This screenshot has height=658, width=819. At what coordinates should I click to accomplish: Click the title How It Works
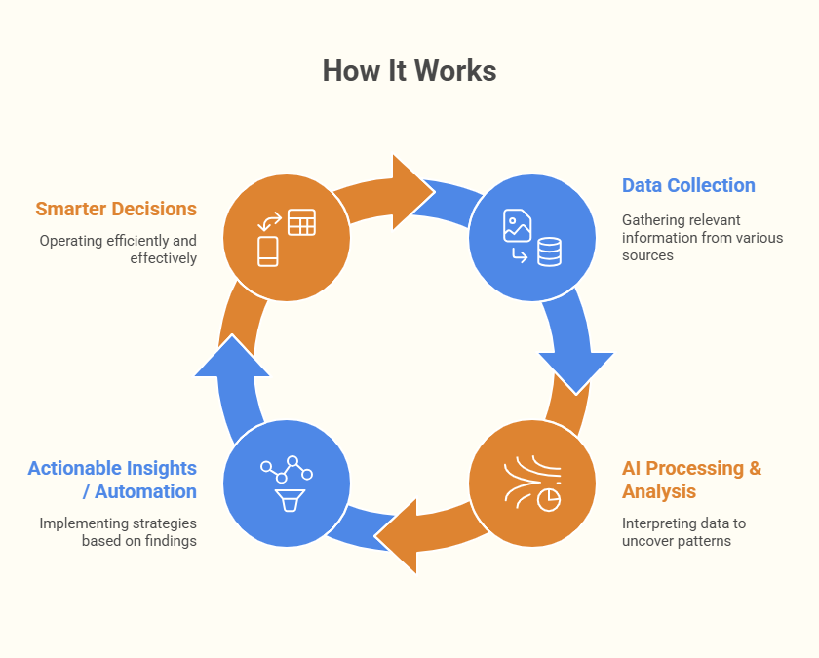(x=409, y=71)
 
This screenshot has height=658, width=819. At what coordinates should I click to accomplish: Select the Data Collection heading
(x=688, y=185)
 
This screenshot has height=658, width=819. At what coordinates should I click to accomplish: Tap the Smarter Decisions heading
(x=116, y=209)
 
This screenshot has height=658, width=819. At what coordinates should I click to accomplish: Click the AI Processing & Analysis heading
(x=691, y=480)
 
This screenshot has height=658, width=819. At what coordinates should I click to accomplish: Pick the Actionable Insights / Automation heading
(x=112, y=480)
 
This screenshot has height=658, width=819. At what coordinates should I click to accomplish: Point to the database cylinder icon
(x=549, y=252)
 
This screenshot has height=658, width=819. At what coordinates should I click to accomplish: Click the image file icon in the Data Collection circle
(x=517, y=226)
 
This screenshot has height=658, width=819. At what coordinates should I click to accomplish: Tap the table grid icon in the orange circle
(x=301, y=222)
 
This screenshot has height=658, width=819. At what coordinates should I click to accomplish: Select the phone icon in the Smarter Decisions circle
(x=268, y=251)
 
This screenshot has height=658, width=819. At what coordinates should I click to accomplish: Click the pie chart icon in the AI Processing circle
(x=549, y=498)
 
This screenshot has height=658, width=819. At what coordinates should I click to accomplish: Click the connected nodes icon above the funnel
(x=287, y=470)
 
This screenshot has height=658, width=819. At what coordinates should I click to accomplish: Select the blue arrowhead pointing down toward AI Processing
(x=576, y=368)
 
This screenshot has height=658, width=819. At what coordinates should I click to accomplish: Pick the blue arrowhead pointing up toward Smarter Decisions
(x=232, y=358)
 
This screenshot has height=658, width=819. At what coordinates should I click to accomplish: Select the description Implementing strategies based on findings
(x=117, y=531)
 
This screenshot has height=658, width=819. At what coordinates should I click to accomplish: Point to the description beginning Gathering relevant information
(x=702, y=238)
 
